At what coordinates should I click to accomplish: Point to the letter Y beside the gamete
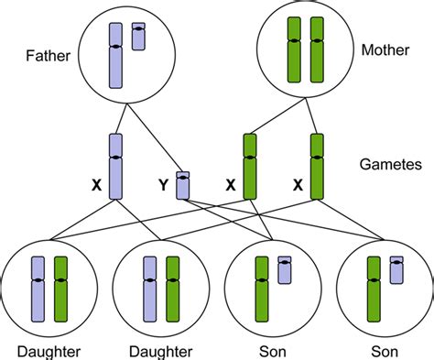tap(163, 184)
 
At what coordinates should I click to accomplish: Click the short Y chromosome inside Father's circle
tap(138, 36)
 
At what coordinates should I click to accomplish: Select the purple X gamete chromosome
tap(115, 166)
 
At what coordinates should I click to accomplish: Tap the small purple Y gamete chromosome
tap(183, 184)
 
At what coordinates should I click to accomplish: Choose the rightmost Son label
tap(384, 351)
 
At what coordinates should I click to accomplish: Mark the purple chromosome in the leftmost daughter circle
tap(38, 289)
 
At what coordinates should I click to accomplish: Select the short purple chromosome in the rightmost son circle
tap(396, 269)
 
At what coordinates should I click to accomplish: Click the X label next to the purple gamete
tap(95, 184)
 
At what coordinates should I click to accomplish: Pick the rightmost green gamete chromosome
tap(318, 166)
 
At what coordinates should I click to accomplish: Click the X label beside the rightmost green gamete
tap(298, 184)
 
